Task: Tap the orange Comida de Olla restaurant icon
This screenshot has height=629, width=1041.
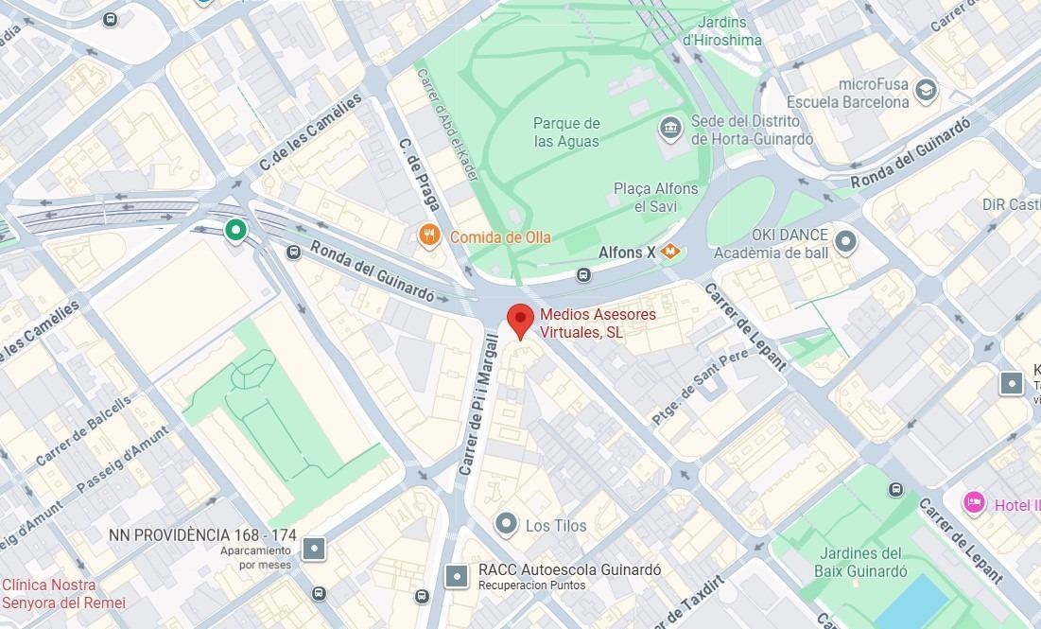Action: (x=430, y=236)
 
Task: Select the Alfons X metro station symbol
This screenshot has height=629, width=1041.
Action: (x=671, y=252)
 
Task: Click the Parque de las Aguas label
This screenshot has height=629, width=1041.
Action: (x=566, y=132)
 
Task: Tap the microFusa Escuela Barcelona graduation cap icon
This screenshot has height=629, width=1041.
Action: (x=927, y=90)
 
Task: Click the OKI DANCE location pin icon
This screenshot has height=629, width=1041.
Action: (x=846, y=242)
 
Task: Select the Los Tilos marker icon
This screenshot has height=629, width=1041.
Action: (x=507, y=523)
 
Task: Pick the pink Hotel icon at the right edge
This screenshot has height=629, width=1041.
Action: (x=974, y=502)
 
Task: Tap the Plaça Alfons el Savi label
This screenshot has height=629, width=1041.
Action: (x=655, y=197)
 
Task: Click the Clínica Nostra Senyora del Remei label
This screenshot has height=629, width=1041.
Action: (x=62, y=594)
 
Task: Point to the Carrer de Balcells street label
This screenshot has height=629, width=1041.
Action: (x=84, y=430)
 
